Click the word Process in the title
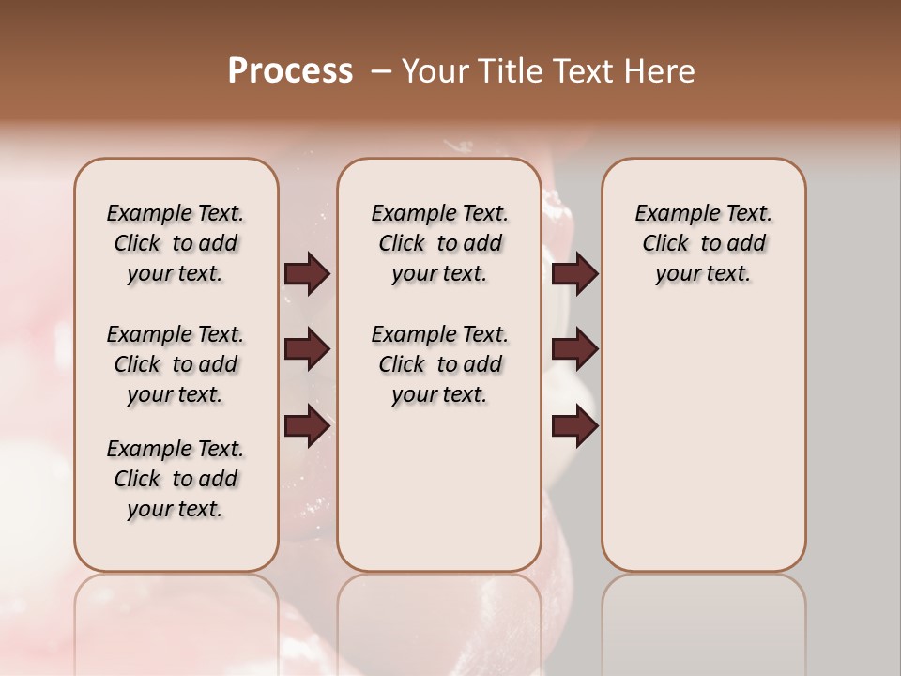point(290,71)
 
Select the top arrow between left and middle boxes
point(307,274)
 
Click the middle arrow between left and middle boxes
point(307,350)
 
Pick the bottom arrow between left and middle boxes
point(307,426)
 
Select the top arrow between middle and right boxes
point(574,274)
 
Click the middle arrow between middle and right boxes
point(574,350)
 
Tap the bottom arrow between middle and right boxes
point(574,426)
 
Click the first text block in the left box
point(176,243)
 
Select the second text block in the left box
point(176,364)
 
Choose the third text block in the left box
point(176,479)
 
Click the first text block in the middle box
point(439,243)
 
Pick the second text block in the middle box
point(439,364)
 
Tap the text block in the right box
point(703,243)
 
